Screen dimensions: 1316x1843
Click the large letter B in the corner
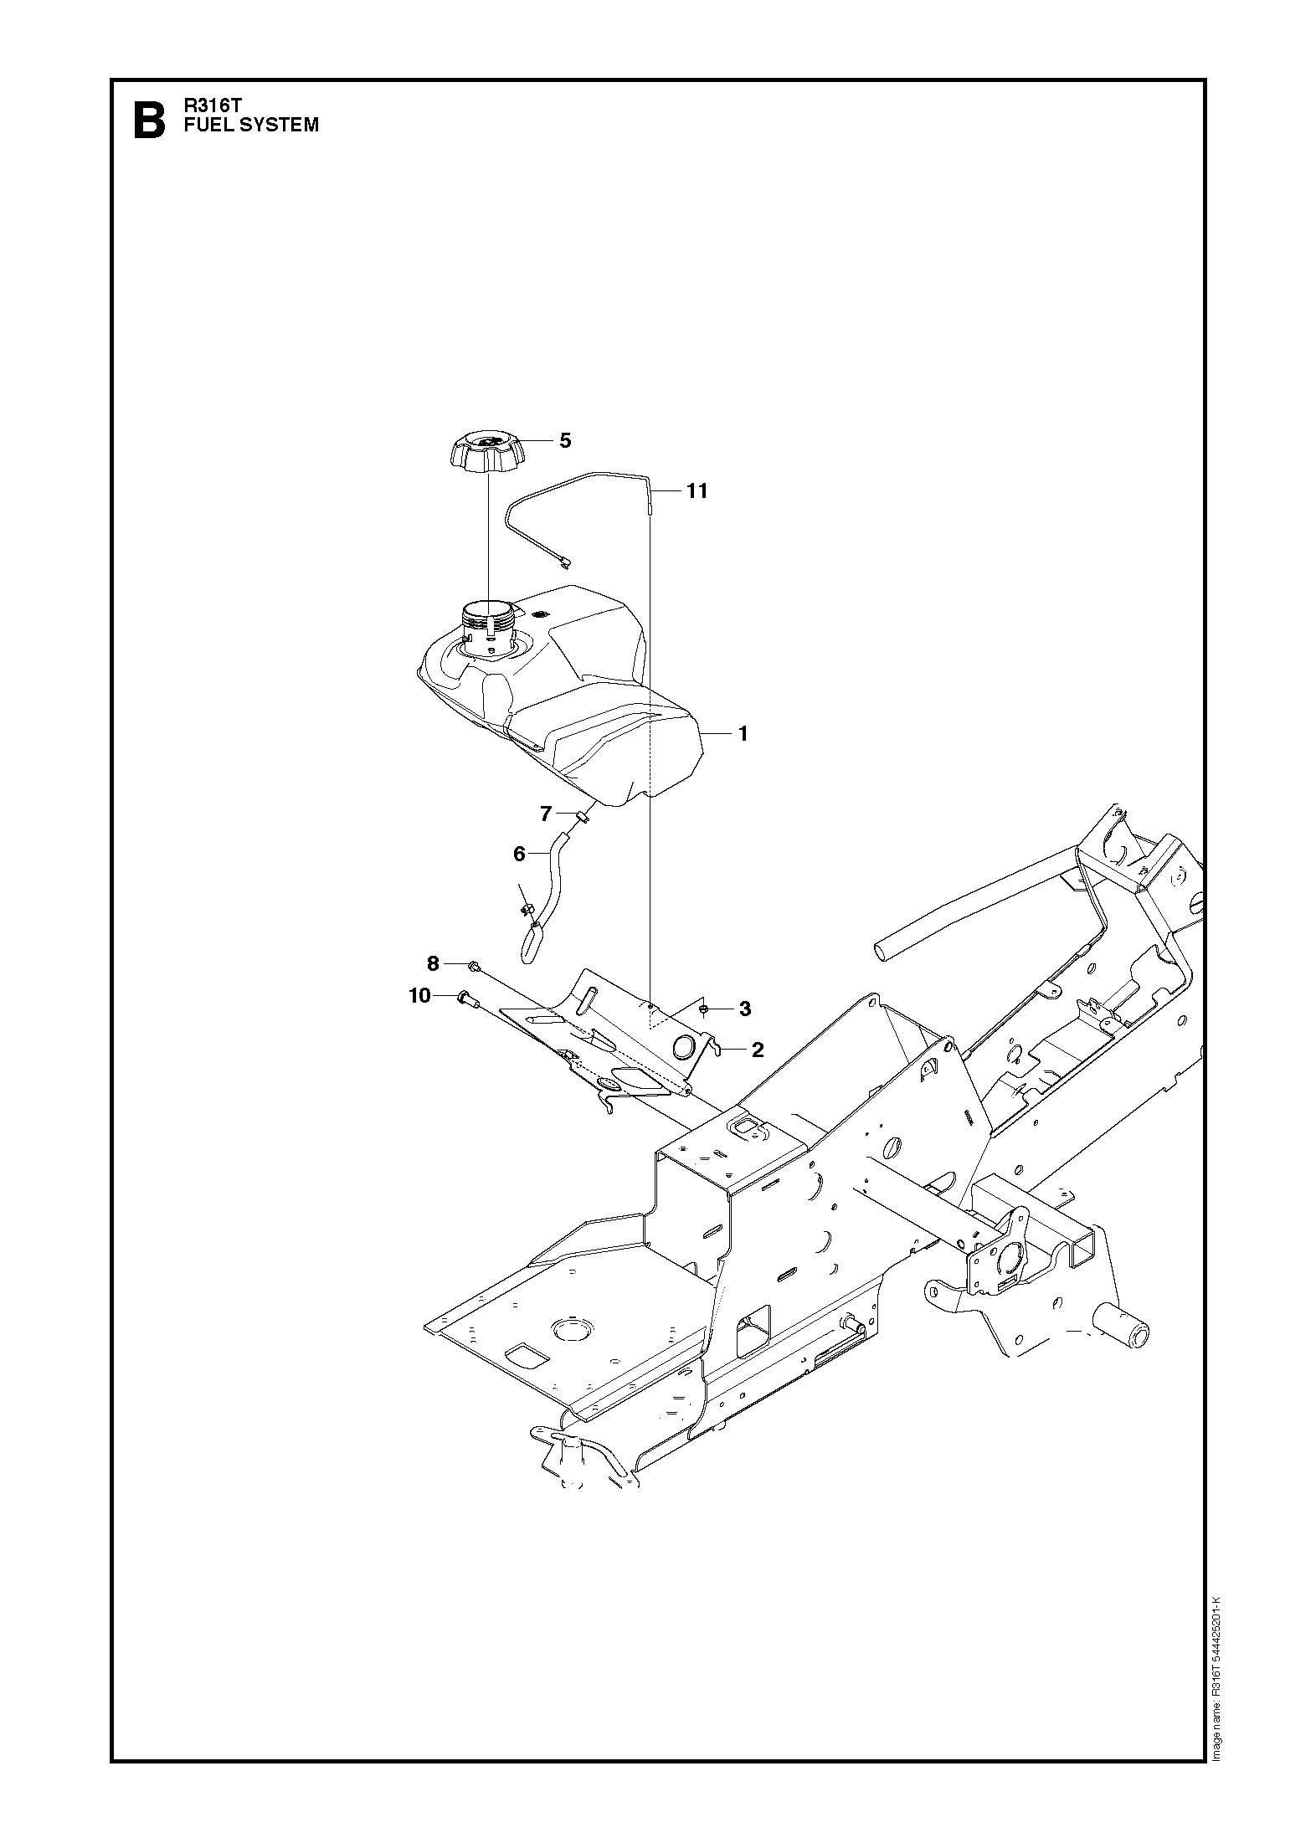click(149, 121)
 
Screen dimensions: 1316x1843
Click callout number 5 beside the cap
click(565, 440)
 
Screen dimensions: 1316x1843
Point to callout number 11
click(697, 491)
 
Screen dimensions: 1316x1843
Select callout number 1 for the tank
click(743, 734)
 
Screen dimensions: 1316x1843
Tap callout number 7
click(546, 813)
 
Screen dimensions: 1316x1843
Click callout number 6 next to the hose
click(519, 854)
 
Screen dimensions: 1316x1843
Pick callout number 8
click(433, 963)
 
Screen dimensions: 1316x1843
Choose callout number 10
click(419, 995)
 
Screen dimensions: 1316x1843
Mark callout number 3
click(745, 1009)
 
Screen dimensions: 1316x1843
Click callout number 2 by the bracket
click(758, 1050)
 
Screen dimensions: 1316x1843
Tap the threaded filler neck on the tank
click(487, 626)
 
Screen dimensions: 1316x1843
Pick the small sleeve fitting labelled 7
click(583, 815)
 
